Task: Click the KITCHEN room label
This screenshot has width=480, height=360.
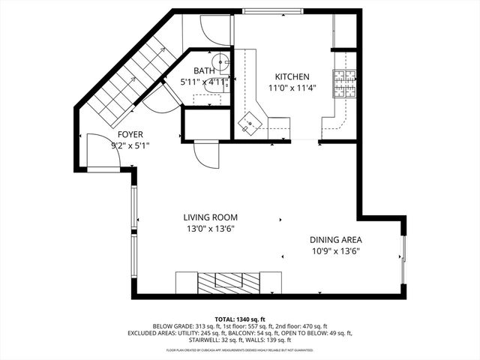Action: pos(292,76)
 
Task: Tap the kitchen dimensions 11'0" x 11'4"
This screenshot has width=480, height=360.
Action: pos(292,88)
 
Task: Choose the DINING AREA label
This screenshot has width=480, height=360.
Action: pos(336,240)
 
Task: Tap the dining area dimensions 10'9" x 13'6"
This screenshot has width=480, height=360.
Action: pos(336,251)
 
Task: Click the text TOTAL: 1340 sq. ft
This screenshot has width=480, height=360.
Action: pos(240,318)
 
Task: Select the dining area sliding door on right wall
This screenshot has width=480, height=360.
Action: pos(403,259)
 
